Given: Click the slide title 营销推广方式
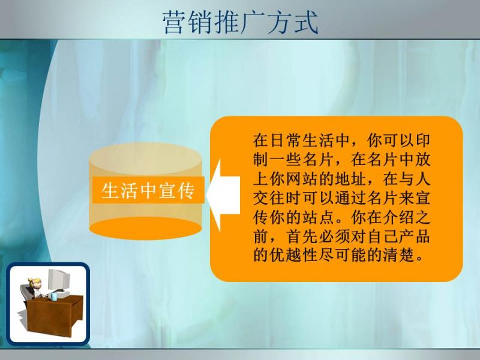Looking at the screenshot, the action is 241,22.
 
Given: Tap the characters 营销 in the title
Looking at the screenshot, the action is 188,22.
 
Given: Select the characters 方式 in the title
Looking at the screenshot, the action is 293,22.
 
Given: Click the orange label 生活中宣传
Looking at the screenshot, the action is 148,190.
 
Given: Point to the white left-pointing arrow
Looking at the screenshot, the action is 223,195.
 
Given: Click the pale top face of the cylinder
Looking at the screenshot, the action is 145,158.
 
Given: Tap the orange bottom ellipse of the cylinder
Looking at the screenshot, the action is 145,229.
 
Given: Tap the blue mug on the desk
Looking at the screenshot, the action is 53,296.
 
